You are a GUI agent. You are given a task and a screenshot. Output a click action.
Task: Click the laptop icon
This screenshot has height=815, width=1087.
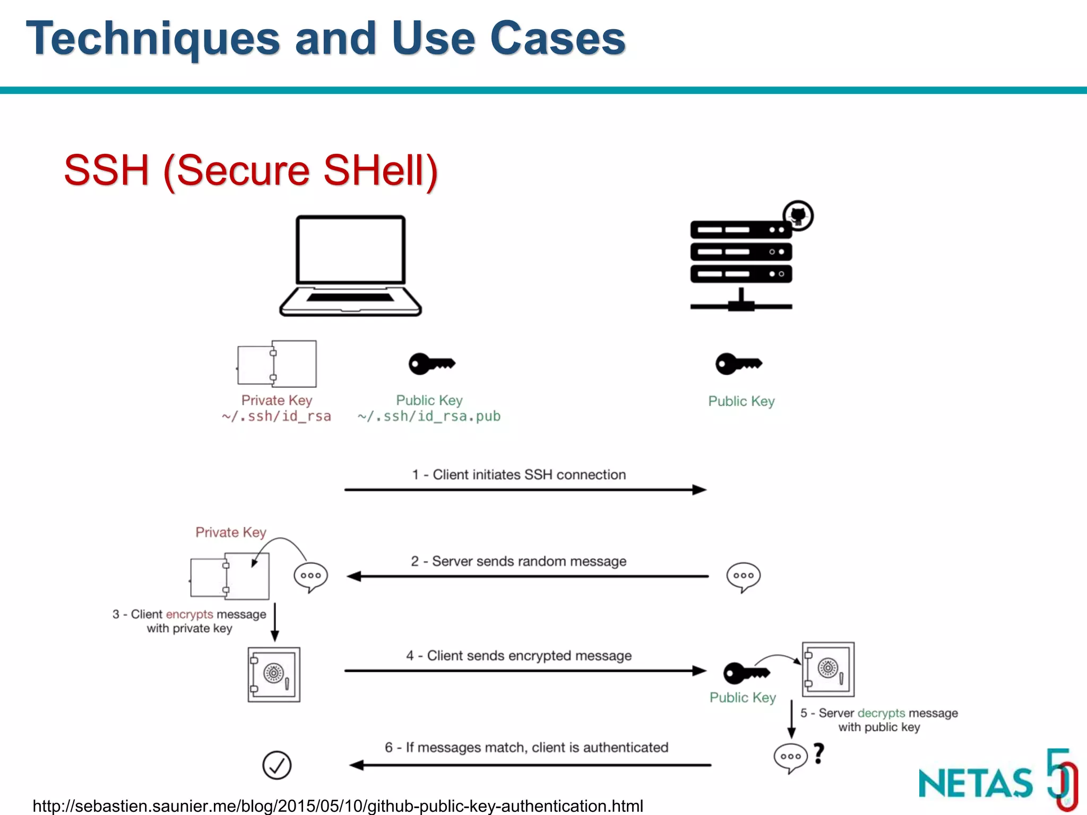[350, 265]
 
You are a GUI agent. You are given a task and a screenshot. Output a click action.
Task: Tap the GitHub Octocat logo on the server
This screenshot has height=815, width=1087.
[798, 215]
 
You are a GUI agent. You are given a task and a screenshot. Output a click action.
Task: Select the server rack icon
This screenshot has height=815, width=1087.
[741, 260]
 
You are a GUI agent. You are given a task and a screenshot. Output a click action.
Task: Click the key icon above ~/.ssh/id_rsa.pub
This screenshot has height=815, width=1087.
[432, 363]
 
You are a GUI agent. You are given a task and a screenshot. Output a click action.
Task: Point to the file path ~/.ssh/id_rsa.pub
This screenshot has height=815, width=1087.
[429, 417]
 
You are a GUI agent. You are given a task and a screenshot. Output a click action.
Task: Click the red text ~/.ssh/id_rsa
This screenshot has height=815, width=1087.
[277, 417]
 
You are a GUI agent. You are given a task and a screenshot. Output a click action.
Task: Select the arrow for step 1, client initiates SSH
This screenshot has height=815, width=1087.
[525, 490]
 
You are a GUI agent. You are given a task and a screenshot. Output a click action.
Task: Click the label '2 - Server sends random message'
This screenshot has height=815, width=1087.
[519, 561]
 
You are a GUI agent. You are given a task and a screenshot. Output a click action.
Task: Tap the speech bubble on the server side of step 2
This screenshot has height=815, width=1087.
[743, 577]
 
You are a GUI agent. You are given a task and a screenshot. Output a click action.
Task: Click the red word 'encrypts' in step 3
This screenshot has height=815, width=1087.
[189, 614]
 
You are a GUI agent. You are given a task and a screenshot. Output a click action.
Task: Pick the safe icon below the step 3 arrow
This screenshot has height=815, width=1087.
[274, 674]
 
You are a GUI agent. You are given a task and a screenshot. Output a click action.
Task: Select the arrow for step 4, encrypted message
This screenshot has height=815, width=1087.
[525, 671]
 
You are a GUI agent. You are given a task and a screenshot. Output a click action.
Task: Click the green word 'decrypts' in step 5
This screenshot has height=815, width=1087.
[881, 713]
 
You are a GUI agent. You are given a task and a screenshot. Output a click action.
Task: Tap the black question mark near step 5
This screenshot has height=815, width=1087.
[819, 753]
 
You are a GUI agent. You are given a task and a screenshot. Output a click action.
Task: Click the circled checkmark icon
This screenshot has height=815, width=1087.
[277, 765]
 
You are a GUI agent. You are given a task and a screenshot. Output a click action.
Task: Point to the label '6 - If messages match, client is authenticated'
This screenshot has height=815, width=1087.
[527, 748]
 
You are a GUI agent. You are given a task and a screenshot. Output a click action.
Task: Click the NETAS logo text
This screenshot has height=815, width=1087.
[976, 784]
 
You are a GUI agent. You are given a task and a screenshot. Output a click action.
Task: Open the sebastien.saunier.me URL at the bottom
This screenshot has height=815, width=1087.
[338, 806]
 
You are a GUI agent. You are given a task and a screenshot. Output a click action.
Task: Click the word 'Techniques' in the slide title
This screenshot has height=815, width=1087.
[153, 38]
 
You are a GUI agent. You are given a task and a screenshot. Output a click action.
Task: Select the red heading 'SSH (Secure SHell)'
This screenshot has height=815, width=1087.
[251, 171]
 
